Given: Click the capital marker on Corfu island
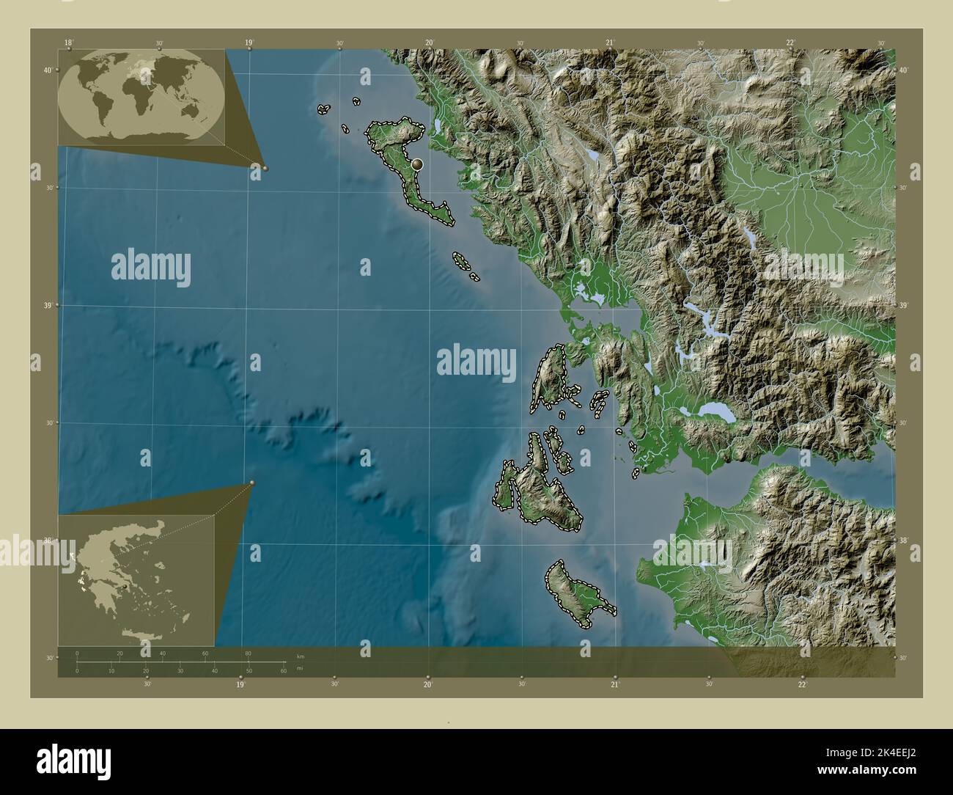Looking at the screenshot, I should click(x=417, y=165).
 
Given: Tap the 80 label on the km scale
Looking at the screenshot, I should click(x=248, y=653).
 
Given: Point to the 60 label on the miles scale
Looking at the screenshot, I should click(x=284, y=671).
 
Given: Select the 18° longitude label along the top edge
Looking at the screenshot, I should click(x=68, y=43).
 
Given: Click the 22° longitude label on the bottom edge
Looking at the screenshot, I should click(x=802, y=684).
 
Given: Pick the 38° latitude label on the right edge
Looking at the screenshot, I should click(x=904, y=541).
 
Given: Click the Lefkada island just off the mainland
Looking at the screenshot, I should click(x=548, y=378).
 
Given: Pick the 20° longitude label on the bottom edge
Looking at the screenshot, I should click(x=427, y=684).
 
